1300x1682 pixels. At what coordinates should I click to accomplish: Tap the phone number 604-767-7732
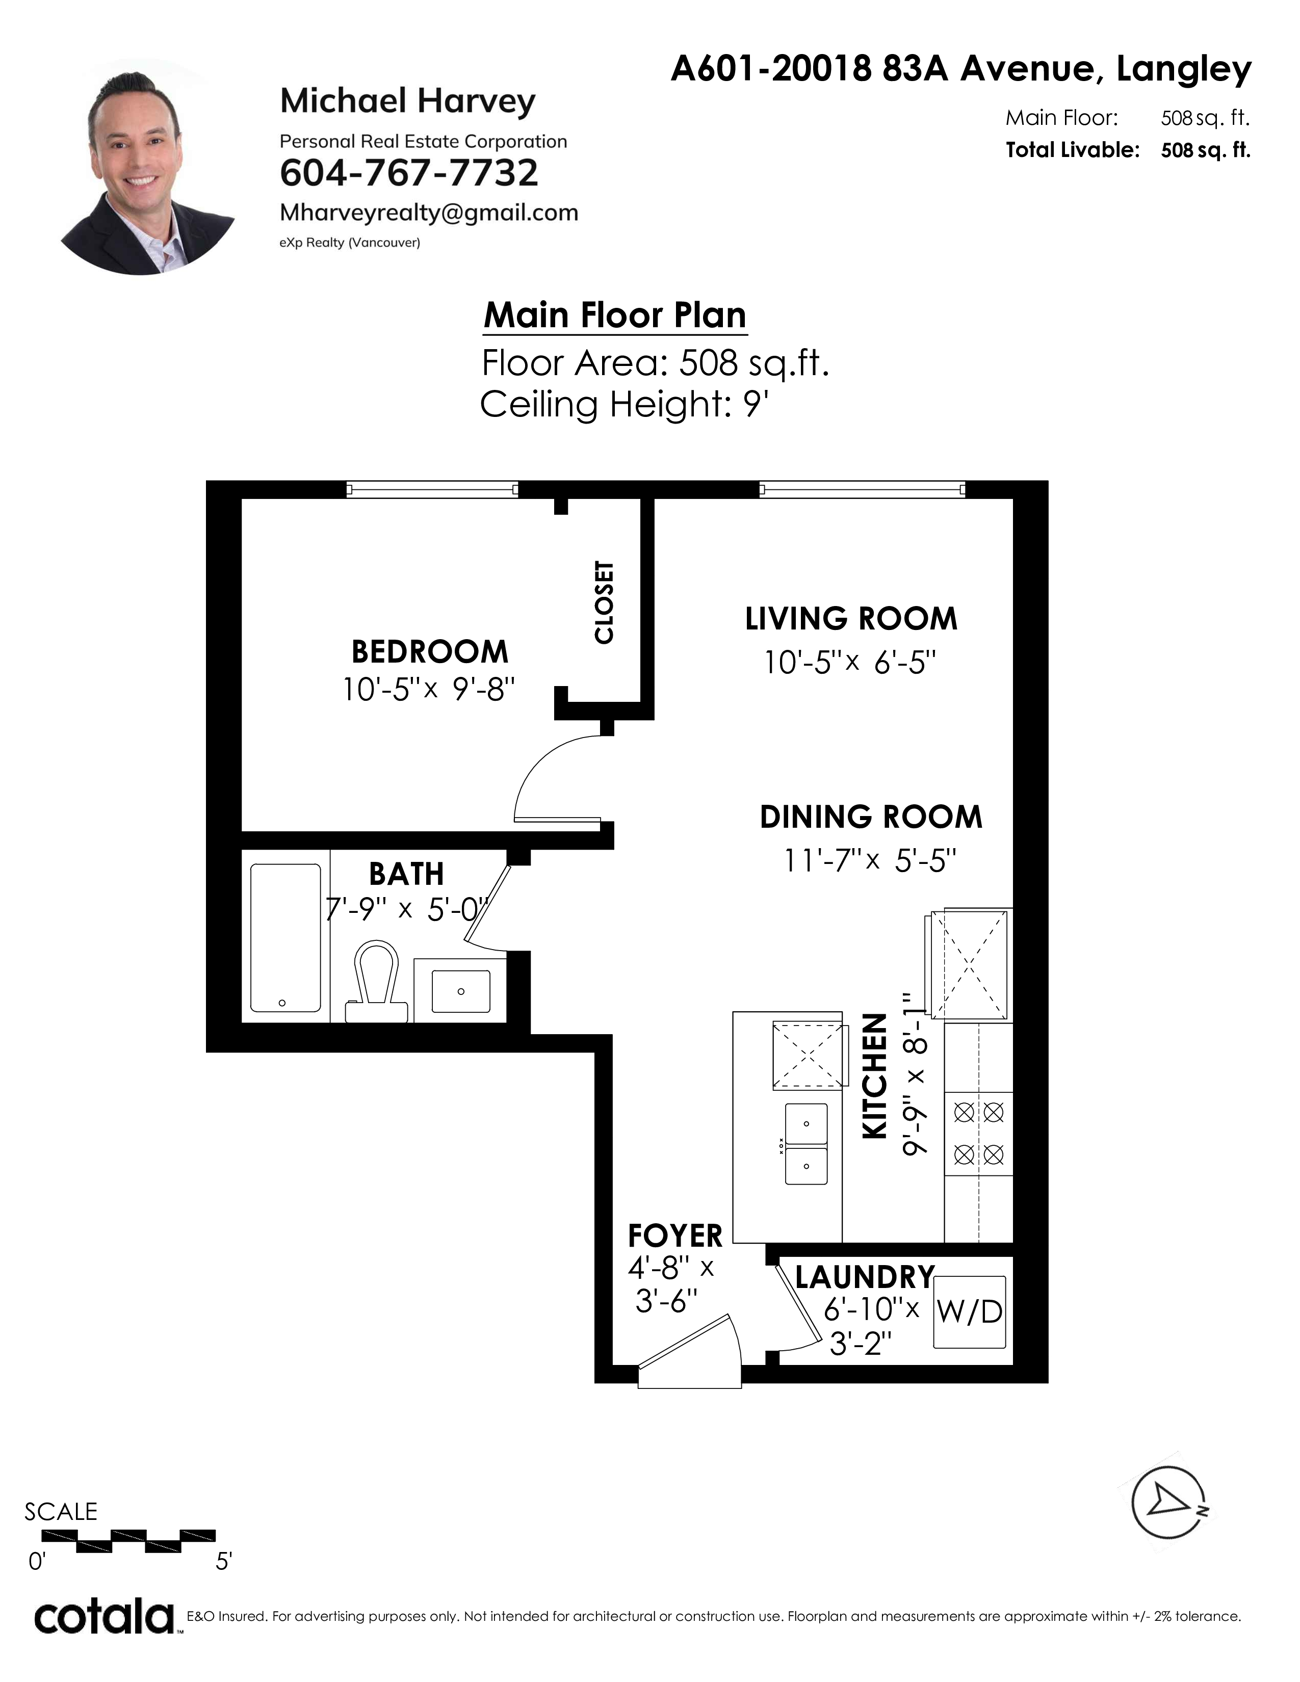[x=409, y=172]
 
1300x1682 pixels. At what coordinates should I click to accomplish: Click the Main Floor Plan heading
[x=615, y=315]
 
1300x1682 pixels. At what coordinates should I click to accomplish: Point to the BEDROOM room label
[x=430, y=651]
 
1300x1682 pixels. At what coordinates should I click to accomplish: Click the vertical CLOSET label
[x=605, y=602]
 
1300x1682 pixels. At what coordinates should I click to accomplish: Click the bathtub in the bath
[x=285, y=938]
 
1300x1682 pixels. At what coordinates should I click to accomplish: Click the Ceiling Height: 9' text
[x=625, y=404]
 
